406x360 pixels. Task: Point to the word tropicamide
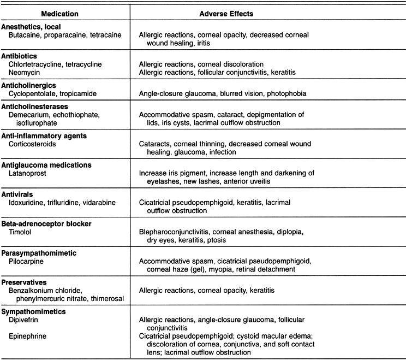81,93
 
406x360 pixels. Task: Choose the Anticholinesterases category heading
37,107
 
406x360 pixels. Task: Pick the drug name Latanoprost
27,173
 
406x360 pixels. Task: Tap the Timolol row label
21,232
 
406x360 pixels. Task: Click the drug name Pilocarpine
27,261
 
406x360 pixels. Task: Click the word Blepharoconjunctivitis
178,232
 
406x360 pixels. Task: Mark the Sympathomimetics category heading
34,311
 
